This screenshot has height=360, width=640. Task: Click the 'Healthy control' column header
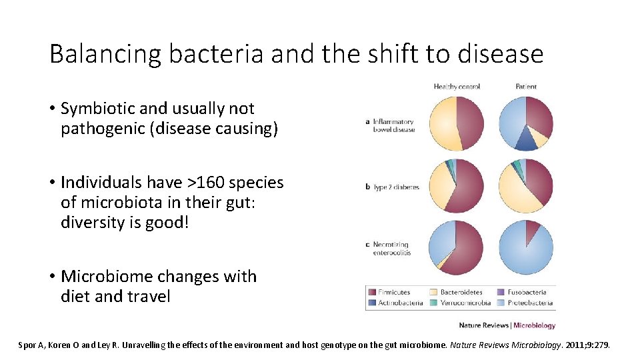click(x=457, y=87)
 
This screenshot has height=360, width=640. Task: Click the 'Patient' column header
click(x=525, y=87)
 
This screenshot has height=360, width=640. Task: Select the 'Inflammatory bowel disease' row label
click(x=393, y=125)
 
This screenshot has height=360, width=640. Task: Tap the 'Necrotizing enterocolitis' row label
click(x=392, y=249)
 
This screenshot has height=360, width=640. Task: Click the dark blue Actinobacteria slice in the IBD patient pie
click(x=526, y=139)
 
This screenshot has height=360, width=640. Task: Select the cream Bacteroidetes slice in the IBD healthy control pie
click(x=442, y=125)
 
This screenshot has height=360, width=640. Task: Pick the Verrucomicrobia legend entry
click(x=465, y=303)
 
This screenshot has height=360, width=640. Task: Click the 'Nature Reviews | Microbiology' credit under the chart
click(x=507, y=326)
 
